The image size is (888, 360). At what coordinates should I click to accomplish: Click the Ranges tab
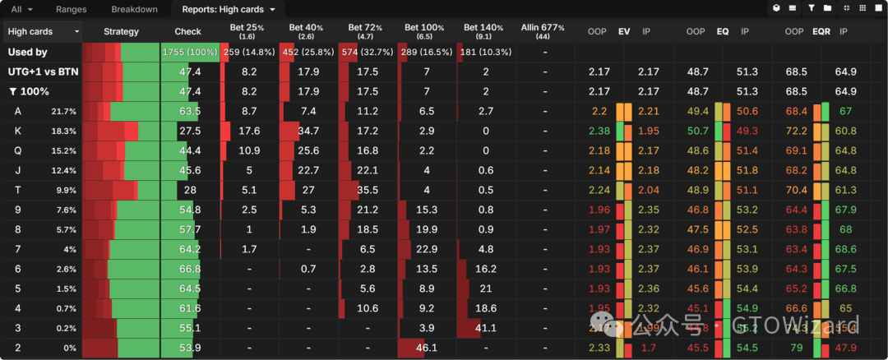point(71,9)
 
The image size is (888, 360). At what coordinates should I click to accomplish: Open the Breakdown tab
point(134,9)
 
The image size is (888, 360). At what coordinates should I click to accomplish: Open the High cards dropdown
point(43,31)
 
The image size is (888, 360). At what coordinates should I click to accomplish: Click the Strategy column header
point(121,31)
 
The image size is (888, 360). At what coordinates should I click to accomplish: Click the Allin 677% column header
point(543,31)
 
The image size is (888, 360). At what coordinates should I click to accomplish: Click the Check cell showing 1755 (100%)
point(190,52)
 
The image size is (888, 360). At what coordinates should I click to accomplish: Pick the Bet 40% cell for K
point(308,131)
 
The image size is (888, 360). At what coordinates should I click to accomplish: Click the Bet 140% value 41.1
point(486,328)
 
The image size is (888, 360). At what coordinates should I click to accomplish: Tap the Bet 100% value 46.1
point(427,348)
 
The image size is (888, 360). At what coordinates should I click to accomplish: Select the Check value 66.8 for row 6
point(190,269)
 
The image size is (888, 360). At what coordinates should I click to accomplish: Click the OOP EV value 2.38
point(599,131)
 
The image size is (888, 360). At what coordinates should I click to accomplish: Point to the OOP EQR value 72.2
point(796,131)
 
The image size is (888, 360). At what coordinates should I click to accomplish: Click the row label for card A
point(18,111)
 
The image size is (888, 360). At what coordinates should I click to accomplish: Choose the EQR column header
point(821,31)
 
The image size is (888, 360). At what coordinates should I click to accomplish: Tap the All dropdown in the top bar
point(21,9)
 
